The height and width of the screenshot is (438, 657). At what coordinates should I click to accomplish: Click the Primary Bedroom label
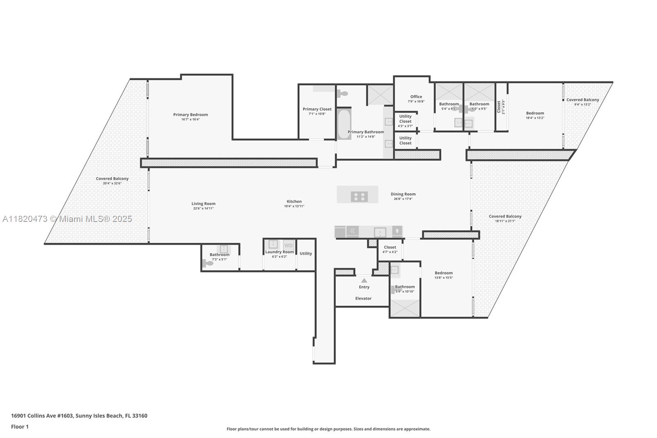190,115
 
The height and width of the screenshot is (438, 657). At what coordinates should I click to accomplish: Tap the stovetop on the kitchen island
359,197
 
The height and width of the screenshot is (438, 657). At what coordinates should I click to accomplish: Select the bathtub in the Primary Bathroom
344,123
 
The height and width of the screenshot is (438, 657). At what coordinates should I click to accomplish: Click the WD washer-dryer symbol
289,245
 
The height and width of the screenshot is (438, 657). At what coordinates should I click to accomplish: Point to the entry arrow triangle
364,280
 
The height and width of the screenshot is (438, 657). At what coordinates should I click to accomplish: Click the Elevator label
363,298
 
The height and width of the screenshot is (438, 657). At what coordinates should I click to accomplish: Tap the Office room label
416,97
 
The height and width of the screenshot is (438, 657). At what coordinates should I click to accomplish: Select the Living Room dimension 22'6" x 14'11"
203,208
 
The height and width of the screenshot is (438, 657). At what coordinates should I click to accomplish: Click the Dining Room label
403,194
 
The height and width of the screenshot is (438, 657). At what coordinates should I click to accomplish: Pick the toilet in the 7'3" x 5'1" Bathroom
208,263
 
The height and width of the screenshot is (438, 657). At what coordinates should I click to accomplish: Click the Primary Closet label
317,109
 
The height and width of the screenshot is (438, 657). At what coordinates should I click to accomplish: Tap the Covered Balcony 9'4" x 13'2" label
582,100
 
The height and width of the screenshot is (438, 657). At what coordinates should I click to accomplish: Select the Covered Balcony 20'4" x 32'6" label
112,179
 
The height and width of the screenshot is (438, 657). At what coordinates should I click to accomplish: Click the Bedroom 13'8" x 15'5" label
443,273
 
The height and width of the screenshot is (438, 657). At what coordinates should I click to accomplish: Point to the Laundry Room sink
273,244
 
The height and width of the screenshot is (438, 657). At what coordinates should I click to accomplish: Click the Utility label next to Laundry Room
306,254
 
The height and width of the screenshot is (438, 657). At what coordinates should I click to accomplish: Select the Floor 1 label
20,427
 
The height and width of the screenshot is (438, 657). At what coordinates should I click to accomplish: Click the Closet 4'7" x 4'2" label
390,247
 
